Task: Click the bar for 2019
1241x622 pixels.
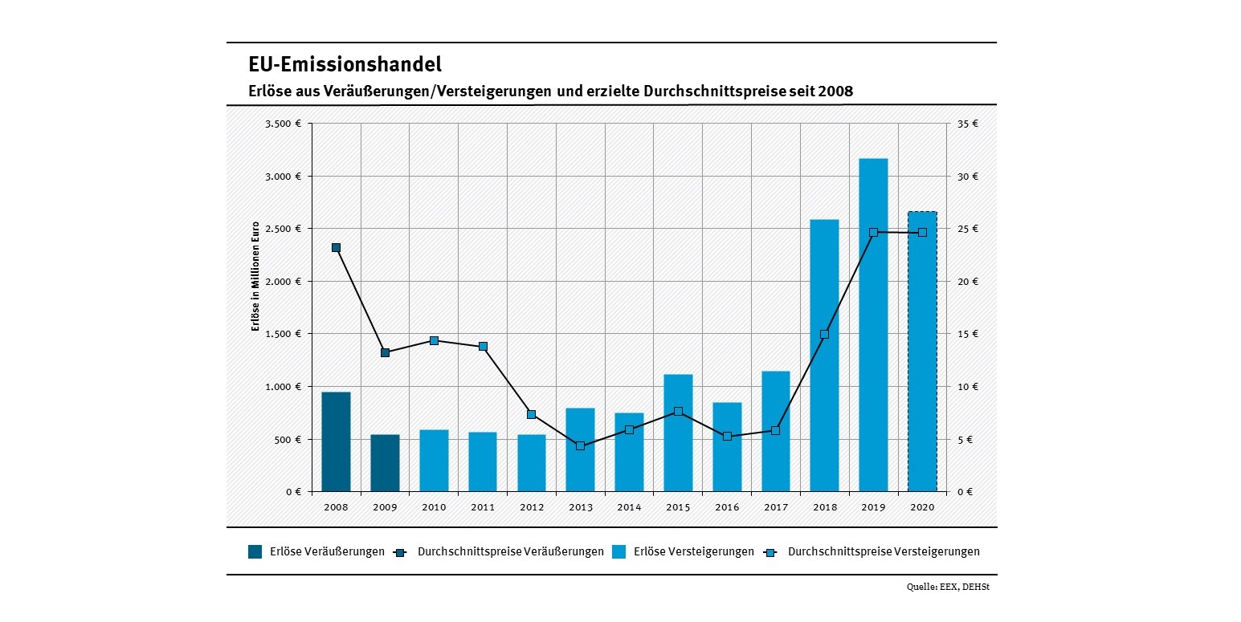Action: click(x=873, y=324)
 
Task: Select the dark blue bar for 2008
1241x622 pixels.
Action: click(x=336, y=441)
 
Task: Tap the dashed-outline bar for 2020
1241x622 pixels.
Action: click(x=922, y=351)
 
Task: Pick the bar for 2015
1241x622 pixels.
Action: click(x=678, y=433)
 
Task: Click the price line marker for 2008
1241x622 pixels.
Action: click(x=336, y=247)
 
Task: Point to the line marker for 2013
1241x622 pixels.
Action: click(x=580, y=445)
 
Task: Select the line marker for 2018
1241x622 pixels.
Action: click(x=824, y=334)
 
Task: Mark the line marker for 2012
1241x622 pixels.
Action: click(x=531, y=414)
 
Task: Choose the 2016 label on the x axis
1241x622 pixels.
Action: click(x=727, y=507)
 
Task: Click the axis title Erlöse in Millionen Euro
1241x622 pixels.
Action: click(x=255, y=276)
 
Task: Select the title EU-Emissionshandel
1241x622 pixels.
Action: click(x=345, y=64)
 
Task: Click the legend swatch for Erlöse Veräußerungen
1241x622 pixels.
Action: click(x=255, y=551)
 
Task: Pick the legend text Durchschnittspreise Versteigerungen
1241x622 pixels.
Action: click(x=884, y=551)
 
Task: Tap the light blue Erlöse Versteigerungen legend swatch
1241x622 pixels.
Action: click(x=619, y=551)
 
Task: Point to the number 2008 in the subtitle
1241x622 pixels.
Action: click(x=835, y=91)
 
